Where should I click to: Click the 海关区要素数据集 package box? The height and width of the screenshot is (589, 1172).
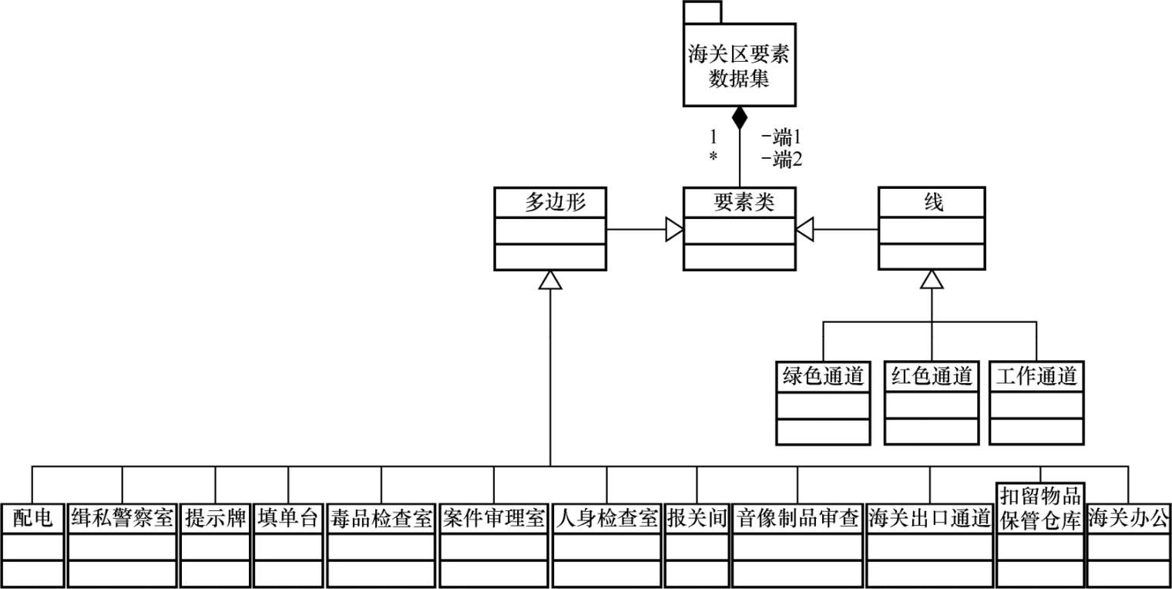coord(739,66)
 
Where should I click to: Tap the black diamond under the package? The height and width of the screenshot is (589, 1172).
coord(740,118)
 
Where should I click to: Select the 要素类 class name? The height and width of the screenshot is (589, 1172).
coord(740,202)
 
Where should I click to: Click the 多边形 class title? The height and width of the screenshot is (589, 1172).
coord(550,202)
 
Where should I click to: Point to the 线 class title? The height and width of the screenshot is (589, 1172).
coord(932,202)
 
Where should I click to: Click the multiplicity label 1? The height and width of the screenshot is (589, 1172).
coord(714,137)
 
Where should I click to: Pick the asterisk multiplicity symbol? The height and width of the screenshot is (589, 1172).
coord(714,157)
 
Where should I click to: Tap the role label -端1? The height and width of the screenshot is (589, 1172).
coord(781,138)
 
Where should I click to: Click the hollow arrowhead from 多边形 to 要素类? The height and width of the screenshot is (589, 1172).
coord(675,229)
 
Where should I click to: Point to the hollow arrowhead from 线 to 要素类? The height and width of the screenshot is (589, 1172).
coord(804,229)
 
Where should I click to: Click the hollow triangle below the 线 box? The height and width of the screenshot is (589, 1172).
coord(932,279)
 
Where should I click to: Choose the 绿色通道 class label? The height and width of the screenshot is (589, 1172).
coord(823,376)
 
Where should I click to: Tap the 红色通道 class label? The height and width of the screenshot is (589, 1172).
coord(932,376)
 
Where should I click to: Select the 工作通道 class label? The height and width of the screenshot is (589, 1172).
coord(1036,376)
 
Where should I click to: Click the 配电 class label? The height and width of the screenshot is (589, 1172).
coord(32,518)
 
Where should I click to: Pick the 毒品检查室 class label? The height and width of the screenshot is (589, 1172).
coord(381,518)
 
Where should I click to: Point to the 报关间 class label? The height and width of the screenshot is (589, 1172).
coord(697,518)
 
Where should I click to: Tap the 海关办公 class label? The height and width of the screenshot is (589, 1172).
coord(1129,518)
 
